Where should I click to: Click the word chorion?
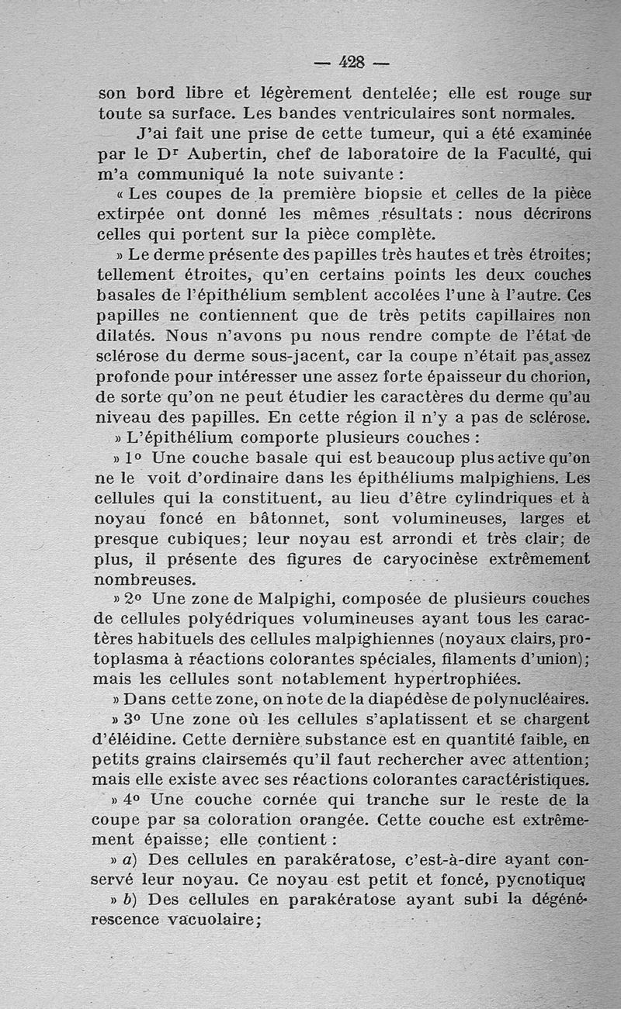[x=556, y=377]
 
